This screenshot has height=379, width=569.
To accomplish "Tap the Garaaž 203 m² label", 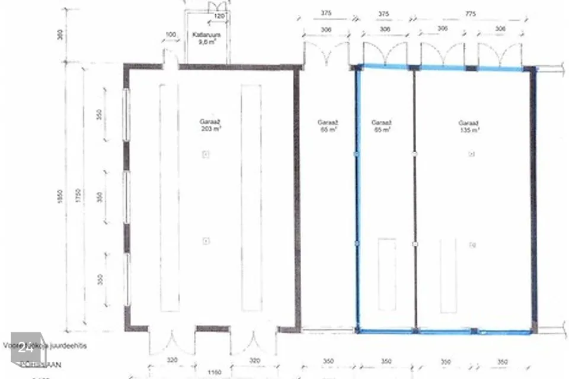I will tap(206, 125).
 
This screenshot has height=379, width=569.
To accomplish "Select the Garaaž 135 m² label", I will tap(468, 127).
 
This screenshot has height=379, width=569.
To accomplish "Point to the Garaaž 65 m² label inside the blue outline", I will tap(381, 126).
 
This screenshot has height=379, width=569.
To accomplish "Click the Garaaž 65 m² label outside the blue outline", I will tap(327, 126).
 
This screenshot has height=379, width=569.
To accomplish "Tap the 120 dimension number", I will tap(219, 16).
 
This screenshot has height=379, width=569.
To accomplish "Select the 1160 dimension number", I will tap(215, 372).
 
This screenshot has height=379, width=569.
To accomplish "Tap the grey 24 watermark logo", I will tap(26, 348).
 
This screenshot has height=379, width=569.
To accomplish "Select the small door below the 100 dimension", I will tap(171, 59).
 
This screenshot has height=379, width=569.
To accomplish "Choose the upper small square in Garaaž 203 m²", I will tap(206, 155).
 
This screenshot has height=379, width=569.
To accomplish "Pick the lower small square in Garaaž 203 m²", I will tap(206, 240).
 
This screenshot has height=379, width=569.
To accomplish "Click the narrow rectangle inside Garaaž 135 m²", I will tap(448, 275).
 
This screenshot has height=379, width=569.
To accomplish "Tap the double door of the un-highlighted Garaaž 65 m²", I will tap(327, 52).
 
